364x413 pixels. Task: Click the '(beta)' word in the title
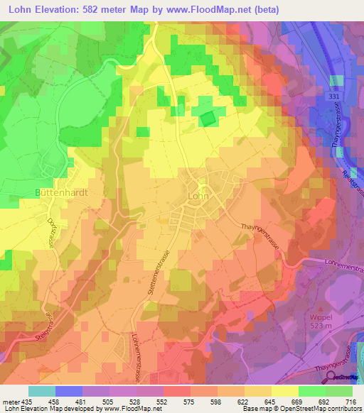click(264, 9)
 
